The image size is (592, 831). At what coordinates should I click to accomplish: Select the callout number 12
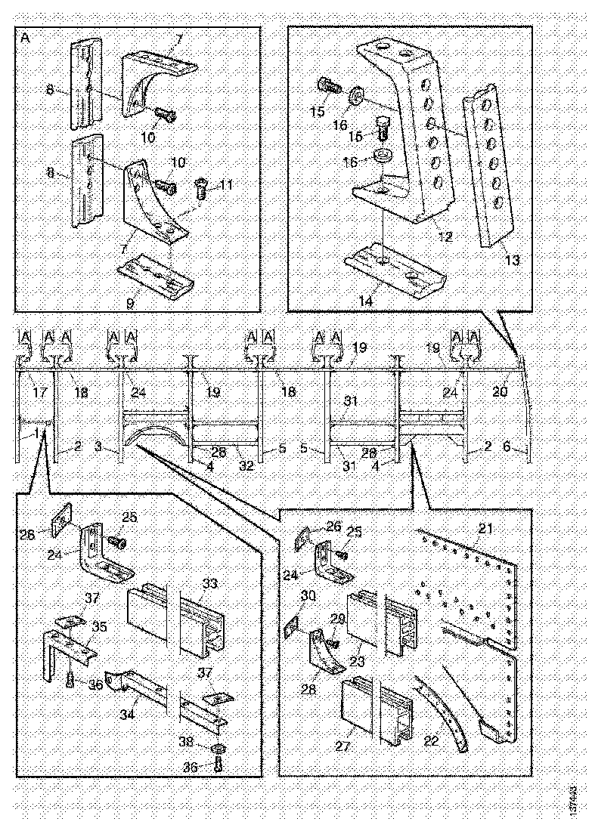tap(445, 237)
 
